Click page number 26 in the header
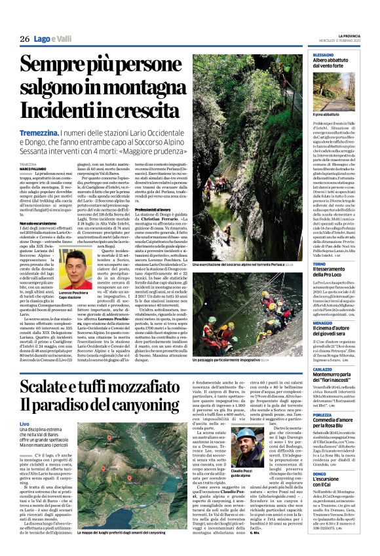pos(26,39)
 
